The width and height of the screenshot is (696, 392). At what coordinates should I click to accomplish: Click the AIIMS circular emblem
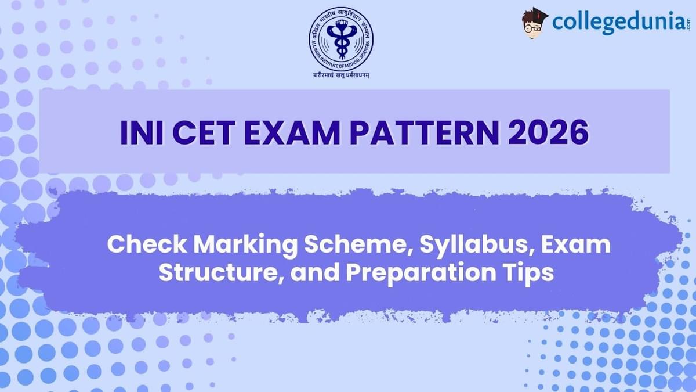[340, 39]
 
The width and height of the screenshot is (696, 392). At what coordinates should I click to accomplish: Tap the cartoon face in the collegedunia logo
[535, 25]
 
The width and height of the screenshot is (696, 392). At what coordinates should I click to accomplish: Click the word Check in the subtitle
[146, 245]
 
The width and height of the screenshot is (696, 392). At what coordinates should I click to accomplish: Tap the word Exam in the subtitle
[575, 245]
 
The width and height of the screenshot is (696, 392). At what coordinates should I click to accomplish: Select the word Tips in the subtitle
[529, 273]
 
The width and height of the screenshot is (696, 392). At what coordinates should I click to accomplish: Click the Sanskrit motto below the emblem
[340, 75]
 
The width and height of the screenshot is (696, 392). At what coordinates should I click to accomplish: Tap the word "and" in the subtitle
[311, 272]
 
